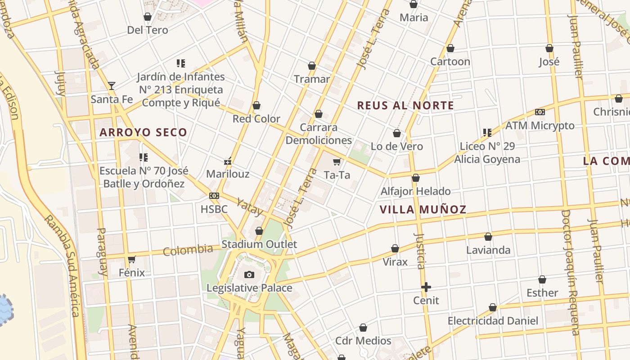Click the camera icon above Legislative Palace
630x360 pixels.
pos(249,274)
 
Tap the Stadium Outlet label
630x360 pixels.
pos(259,244)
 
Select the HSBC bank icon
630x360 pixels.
pos(214,196)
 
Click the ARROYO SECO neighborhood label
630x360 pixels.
pos(143,132)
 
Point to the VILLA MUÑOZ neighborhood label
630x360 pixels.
pos(423,209)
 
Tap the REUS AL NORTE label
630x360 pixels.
pos(405,105)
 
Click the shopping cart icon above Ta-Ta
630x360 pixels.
pos(337,162)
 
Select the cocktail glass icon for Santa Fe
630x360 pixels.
pos(112,85)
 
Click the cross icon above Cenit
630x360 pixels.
pos(426,287)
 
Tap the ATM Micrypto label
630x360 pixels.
pos(540,126)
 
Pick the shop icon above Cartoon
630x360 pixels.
pos(450,48)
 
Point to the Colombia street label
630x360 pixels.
pos(188,250)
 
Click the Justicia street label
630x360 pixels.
pos(420,251)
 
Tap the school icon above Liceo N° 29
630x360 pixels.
pos(487,133)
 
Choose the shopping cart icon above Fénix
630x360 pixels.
pos(132,259)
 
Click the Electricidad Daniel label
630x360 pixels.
pos(493,321)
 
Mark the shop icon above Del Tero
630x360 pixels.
pos(148,17)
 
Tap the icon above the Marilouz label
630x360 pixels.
pos(228,161)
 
